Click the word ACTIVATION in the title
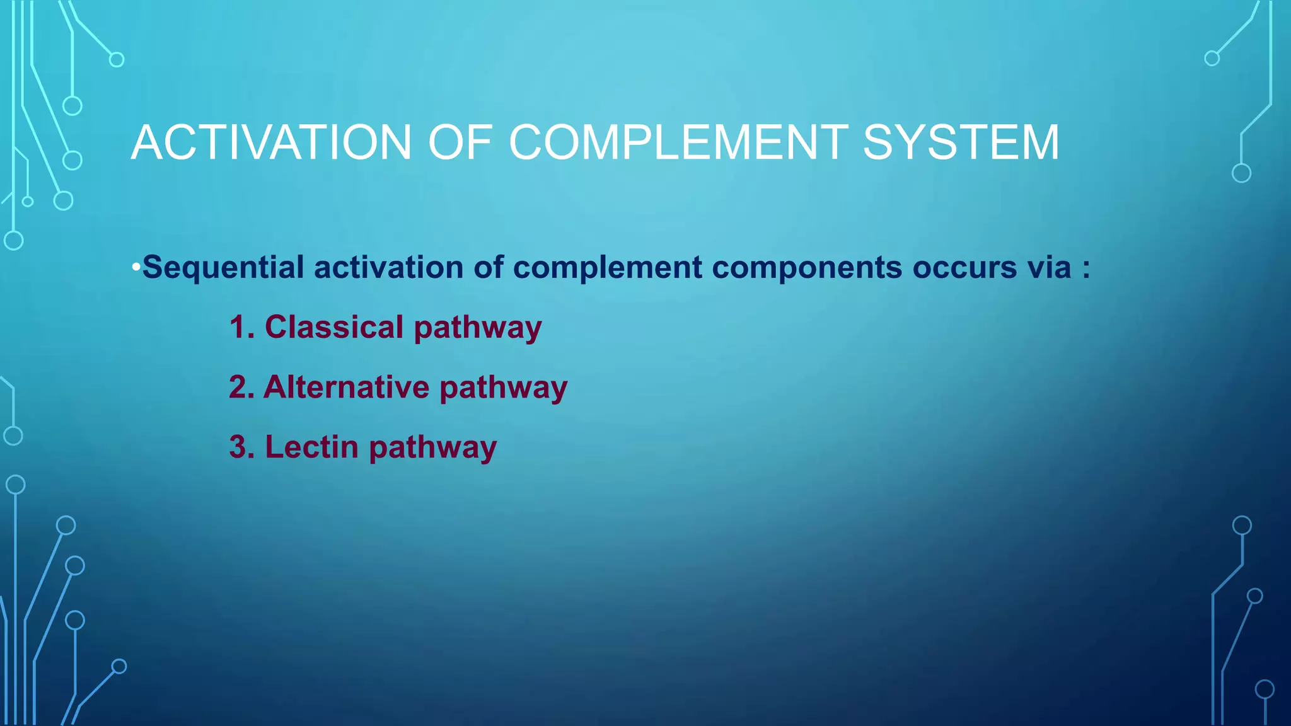272,142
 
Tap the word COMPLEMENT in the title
678,142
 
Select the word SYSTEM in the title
961,142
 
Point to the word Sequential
223,267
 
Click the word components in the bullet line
807,267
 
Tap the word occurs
964,267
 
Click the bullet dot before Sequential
136,268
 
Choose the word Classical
334,327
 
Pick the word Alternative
346,387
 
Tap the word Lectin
311,447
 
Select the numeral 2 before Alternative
238,387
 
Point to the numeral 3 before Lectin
238,447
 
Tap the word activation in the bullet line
389,267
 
